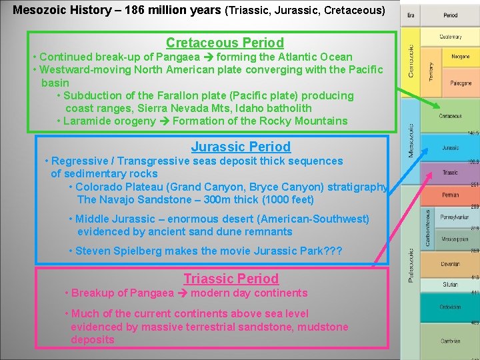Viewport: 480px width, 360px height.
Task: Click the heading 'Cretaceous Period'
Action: (x=225, y=43)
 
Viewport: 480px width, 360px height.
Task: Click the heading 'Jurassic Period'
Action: (x=241, y=147)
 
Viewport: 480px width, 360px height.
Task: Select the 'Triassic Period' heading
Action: (x=231, y=279)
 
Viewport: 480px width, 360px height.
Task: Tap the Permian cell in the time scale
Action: (x=450, y=195)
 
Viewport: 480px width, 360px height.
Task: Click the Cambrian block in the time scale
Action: (x=450, y=341)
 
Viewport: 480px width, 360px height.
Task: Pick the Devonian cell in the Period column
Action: (x=450, y=264)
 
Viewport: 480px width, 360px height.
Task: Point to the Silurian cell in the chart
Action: (x=450, y=285)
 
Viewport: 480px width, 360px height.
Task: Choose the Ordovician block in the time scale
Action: (x=450, y=307)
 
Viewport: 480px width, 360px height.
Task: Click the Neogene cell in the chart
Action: (x=460, y=57)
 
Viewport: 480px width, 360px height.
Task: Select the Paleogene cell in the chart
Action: (x=460, y=84)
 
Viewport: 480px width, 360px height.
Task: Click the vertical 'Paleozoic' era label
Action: (x=411, y=265)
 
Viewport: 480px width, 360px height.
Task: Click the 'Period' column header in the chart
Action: (x=450, y=15)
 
